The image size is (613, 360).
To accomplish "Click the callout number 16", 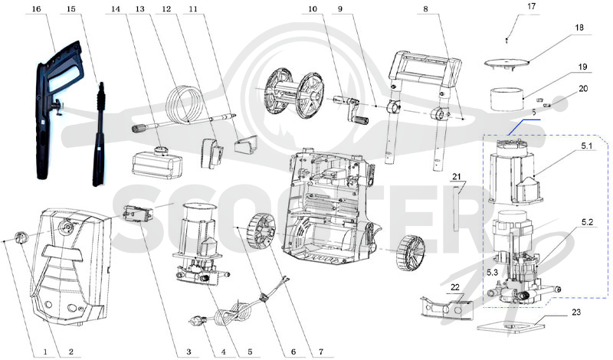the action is pos(36,9).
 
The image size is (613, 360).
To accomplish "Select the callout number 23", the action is pos(576,312).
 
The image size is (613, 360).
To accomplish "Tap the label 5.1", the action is pos(586,146).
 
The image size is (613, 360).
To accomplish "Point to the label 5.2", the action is pos(587,222).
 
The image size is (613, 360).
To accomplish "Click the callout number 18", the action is pos(579,28).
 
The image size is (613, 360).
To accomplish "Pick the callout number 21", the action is pos(457,177).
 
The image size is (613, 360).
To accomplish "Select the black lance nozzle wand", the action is pos(100,134).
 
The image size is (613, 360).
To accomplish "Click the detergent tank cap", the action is pos(160,150).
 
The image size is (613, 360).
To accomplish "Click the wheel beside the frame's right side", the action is pos(410,253).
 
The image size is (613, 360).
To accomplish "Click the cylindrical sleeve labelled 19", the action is pos(507,100).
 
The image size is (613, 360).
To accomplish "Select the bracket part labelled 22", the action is pos(447,306).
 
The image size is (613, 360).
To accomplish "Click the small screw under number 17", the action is pos(506,41).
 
